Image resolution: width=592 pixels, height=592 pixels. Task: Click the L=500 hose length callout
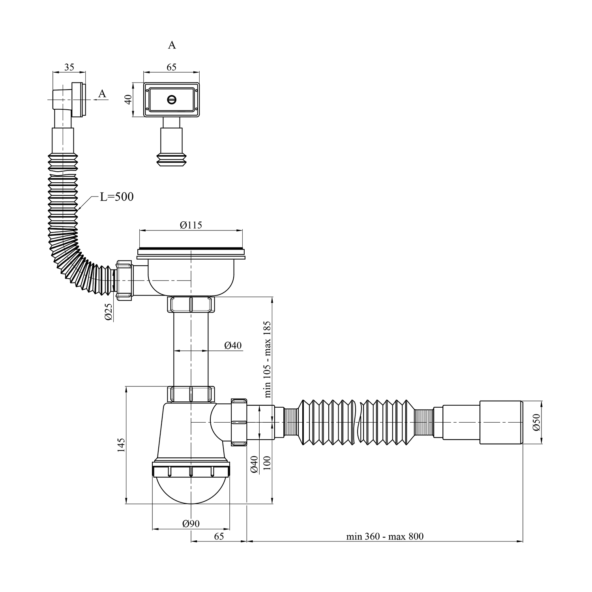click(116, 197)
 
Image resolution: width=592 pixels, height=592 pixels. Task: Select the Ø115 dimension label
click(191, 225)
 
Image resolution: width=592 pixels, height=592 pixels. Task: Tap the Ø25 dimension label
click(109, 311)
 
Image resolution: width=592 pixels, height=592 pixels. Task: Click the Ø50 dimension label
click(536, 422)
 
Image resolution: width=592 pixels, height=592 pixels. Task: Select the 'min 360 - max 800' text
click(385, 536)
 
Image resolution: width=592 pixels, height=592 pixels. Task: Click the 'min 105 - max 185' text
click(268, 359)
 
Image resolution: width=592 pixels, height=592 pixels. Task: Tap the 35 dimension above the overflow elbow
click(69, 67)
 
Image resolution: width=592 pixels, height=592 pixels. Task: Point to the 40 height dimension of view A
click(127, 99)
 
